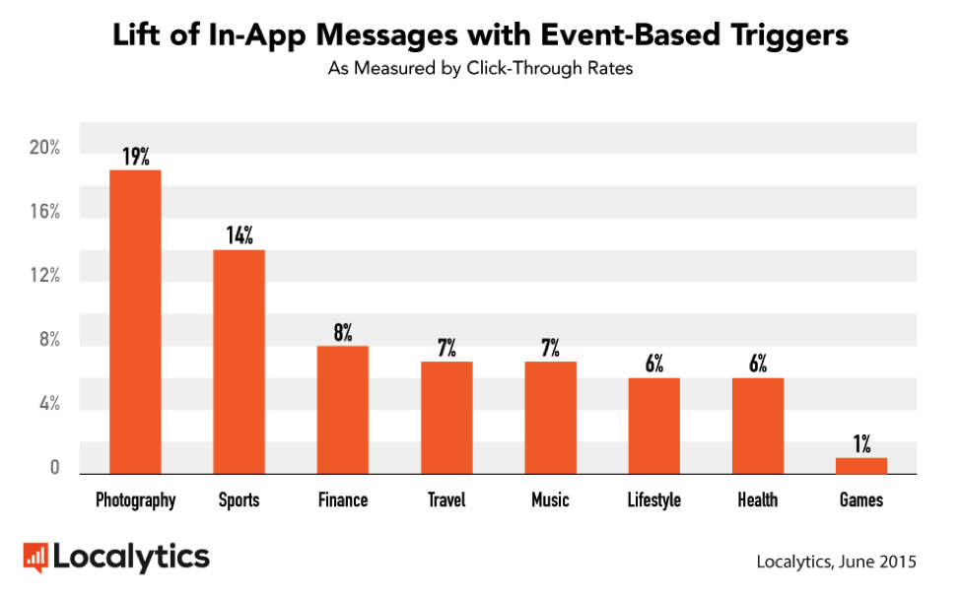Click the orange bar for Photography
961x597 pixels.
click(x=135, y=322)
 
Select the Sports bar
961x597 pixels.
click(x=239, y=362)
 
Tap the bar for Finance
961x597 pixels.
click(x=343, y=410)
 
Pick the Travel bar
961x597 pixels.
click(x=446, y=418)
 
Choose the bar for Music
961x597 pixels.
click(x=550, y=418)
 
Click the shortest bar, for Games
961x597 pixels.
click(x=861, y=466)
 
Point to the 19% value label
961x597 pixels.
click(x=135, y=156)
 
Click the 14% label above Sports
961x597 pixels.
click(x=239, y=235)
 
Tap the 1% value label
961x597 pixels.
click(x=861, y=444)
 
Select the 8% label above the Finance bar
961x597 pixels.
click(x=343, y=332)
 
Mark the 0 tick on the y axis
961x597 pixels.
click(x=55, y=468)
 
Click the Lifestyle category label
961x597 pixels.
click(x=654, y=500)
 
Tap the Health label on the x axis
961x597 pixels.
click(x=757, y=500)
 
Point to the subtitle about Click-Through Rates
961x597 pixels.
click(x=480, y=70)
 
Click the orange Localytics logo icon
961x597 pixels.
click(x=35, y=558)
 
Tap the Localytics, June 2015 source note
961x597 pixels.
click(x=836, y=562)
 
